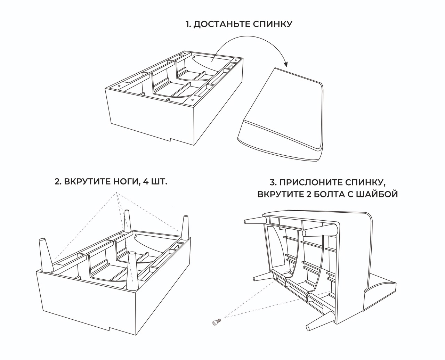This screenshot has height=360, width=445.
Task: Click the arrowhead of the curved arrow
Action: point(286,64)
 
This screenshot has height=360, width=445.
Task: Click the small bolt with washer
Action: point(216,323)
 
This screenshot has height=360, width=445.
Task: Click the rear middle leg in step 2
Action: point(128,221)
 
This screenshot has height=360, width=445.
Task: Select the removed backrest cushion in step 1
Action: point(282,115)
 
